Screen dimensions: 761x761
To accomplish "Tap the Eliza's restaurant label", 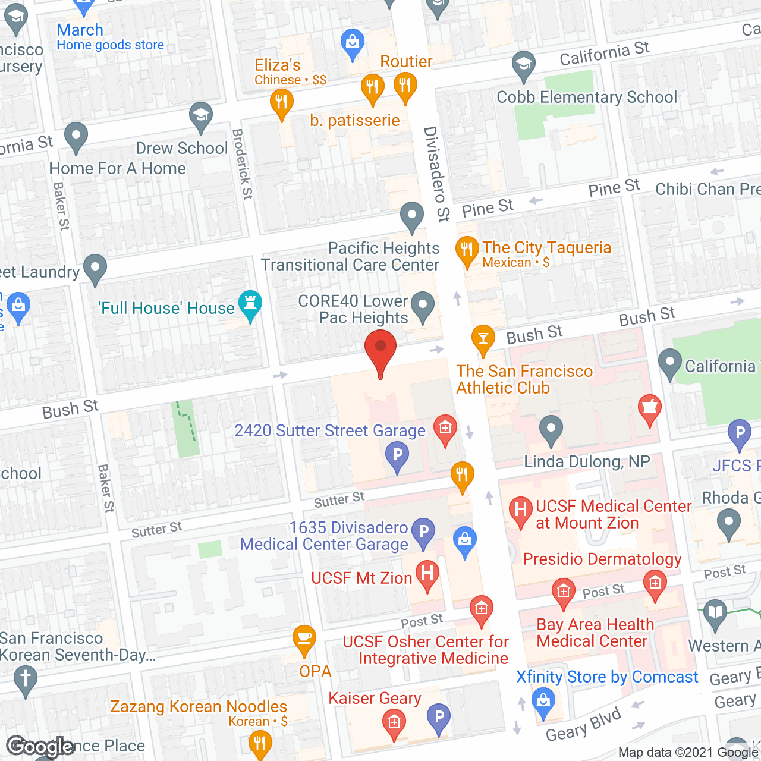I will coord(278,65).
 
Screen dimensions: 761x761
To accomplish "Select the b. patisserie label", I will coord(355,121).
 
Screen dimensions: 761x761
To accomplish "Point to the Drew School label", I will coord(182,148).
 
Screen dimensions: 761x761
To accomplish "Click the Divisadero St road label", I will coord(437,174).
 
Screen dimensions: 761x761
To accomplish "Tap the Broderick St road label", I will coord(243,163).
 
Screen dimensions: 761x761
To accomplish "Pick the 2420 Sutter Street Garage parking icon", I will coord(397,456).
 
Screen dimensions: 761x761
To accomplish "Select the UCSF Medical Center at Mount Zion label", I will coord(614,514).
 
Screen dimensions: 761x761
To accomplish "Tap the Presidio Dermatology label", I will coord(602,559).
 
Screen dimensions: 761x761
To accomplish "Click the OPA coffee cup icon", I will coord(304,639).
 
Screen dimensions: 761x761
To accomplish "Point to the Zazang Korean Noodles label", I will coord(199,706).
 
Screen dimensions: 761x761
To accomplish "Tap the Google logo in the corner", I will coord(40,747).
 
